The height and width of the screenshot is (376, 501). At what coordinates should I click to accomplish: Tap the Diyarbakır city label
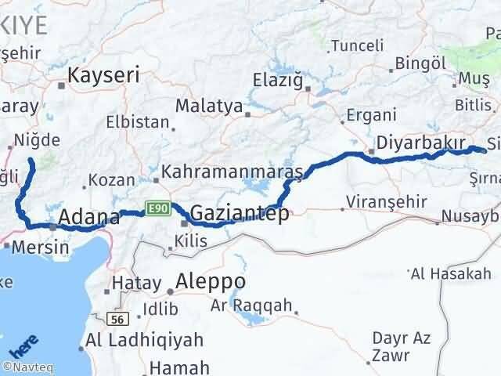pos(421,143)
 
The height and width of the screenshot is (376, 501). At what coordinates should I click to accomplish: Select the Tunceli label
pos(358,45)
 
